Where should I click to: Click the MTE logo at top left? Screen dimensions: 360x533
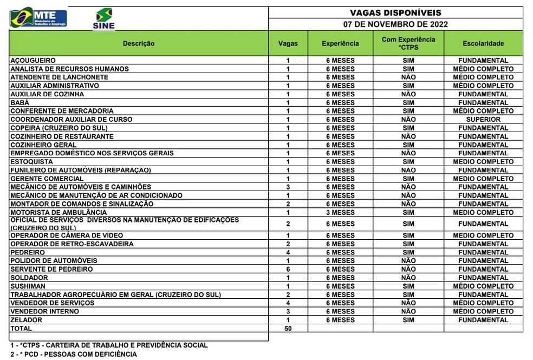38,18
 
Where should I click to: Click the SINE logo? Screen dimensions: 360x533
103,18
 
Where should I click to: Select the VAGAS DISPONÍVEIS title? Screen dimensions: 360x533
395,12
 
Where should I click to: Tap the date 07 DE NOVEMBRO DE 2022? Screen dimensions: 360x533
395,24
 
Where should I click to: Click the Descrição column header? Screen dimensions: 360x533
139,43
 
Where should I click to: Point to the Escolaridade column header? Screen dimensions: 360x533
483,43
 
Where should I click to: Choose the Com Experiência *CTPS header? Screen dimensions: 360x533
408,43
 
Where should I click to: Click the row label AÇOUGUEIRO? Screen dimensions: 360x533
33,61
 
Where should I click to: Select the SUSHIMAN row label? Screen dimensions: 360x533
28,286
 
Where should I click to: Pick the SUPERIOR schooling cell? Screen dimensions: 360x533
483,120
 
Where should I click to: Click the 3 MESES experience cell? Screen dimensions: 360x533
340,213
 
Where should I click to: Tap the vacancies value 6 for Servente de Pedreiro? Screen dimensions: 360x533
288,269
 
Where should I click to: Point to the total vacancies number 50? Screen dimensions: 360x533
288,329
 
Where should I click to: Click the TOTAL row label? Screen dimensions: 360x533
21,329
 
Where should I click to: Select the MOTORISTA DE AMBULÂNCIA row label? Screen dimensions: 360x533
58,213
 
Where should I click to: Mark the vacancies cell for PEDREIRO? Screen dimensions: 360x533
288,252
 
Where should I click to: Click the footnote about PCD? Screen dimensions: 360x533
73,355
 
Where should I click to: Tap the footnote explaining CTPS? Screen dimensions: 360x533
108,345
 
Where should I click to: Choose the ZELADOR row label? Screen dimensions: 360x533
26,320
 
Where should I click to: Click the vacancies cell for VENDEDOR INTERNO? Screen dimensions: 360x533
288,311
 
